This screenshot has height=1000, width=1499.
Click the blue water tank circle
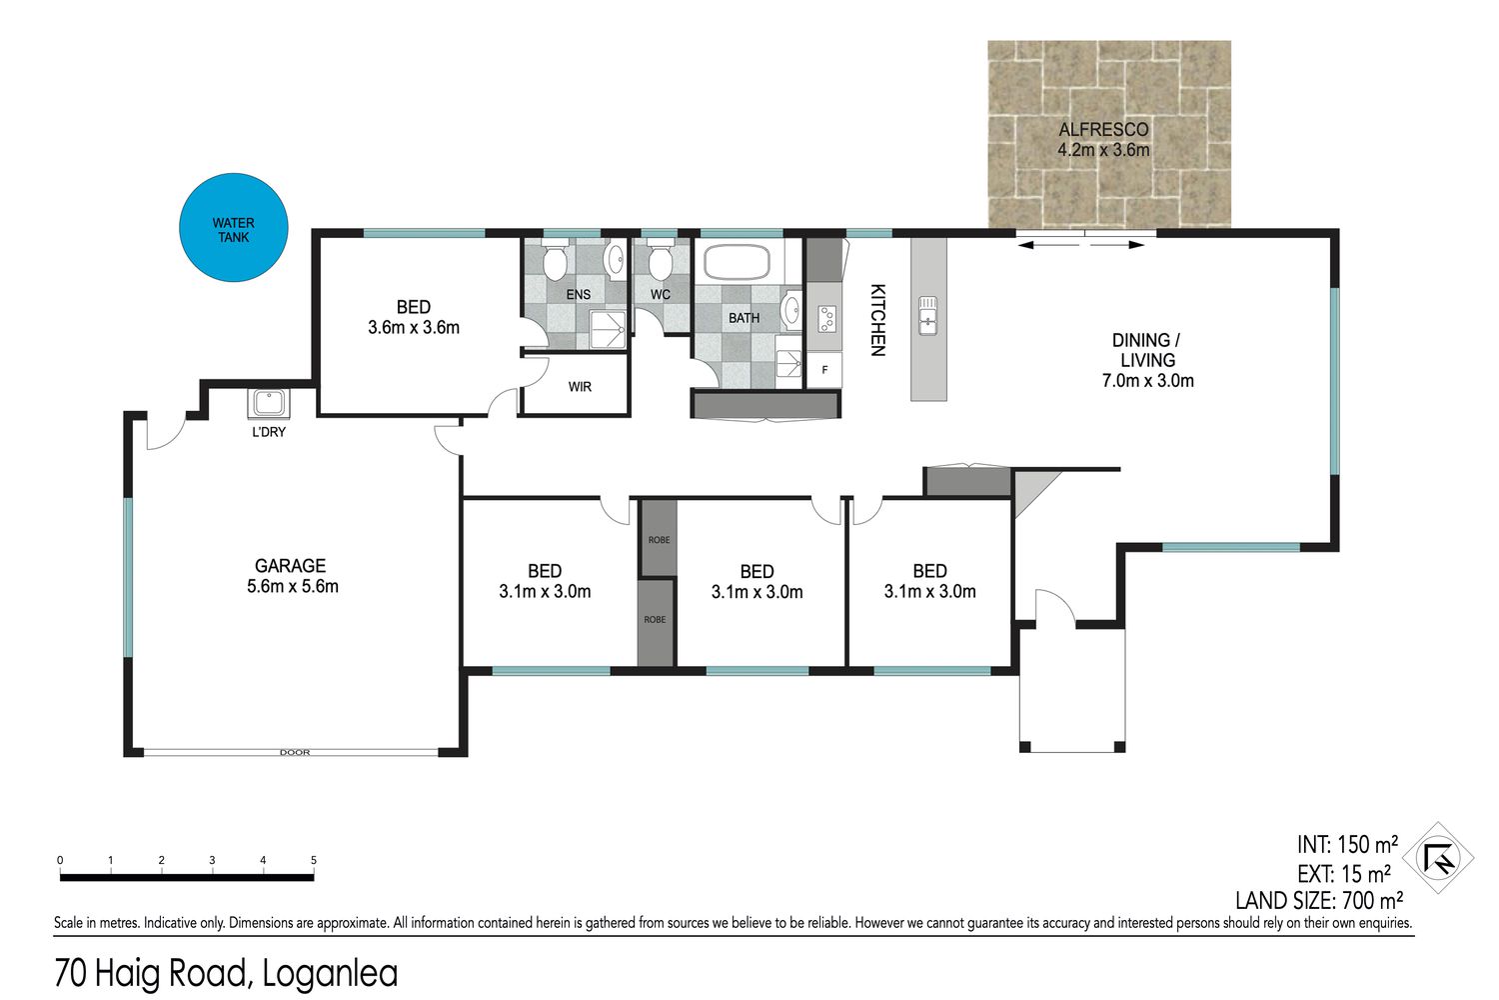[234, 228]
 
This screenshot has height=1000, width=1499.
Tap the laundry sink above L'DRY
[269, 403]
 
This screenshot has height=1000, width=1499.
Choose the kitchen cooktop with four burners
[827, 319]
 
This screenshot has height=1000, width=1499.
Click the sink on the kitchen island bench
[927, 315]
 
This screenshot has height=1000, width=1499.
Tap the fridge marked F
[824, 370]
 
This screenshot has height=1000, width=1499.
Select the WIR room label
[580, 386]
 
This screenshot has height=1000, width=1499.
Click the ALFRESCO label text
[1103, 129]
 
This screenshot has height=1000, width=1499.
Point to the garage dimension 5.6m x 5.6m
[293, 587]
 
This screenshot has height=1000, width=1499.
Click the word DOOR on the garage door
[295, 753]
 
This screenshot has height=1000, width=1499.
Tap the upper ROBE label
[659, 540]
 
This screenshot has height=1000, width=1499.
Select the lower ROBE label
[655, 620]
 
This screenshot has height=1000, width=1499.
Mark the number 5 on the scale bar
[313, 860]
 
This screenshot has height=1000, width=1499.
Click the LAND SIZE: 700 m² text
[1319, 900]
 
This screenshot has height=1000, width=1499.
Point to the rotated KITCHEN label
[877, 320]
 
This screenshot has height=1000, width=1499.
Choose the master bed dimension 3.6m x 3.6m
[414, 328]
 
